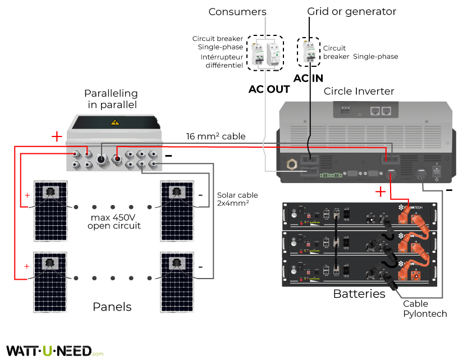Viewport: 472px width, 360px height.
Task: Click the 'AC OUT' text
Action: point(269,89)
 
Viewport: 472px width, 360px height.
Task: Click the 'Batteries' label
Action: point(359,294)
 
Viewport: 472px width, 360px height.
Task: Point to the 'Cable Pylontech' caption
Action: point(425,308)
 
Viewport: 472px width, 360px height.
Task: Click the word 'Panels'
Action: point(112,307)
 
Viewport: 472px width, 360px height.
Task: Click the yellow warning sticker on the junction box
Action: point(116,122)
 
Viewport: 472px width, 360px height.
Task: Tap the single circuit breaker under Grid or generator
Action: point(308,52)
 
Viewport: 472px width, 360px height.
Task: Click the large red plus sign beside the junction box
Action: point(57,136)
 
